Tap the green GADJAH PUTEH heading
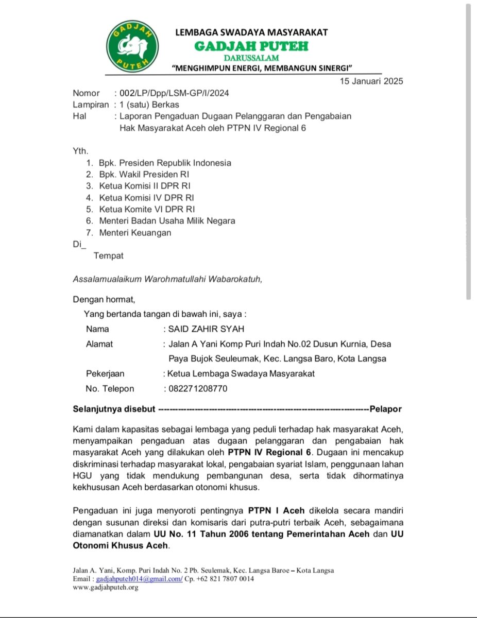click(251, 46)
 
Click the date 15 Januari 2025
click(371, 81)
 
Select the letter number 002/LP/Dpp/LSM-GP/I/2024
click(174, 93)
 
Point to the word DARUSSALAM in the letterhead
click(251, 58)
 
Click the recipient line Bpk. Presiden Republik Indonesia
click(165, 163)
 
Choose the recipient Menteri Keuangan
click(135, 232)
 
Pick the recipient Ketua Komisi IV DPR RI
click(147, 197)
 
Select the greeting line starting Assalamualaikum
click(167, 279)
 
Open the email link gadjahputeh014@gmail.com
click(139, 579)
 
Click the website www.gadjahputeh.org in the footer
click(106, 588)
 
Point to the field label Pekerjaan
click(105, 374)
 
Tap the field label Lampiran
click(91, 105)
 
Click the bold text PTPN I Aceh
click(278, 511)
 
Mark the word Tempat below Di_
click(108, 255)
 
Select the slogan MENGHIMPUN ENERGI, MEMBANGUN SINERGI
click(262, 68)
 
